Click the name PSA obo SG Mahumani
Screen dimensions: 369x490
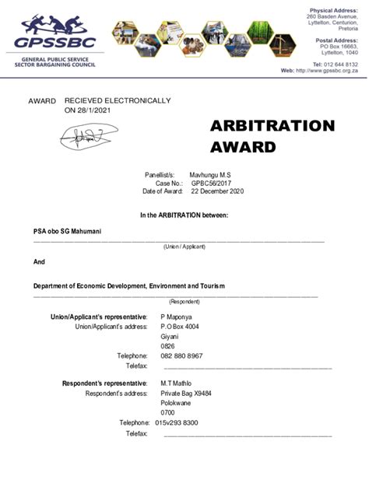tap(68, 231)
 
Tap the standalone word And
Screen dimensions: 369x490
tap(39, 261)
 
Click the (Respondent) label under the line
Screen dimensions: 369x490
tap(184, 301)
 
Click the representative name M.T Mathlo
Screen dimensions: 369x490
tap(177, 383)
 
